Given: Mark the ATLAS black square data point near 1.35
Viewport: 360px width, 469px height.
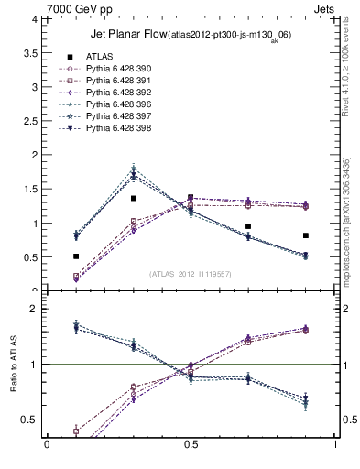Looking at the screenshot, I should click(x=134, y=199).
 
